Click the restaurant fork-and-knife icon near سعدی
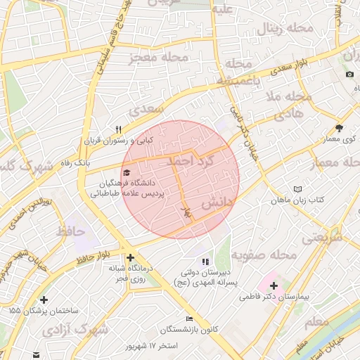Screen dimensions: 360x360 119,129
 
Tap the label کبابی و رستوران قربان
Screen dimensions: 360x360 119,141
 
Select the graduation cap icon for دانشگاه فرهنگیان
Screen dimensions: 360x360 127,172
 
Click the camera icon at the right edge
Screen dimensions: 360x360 349,75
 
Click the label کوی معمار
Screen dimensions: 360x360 339,141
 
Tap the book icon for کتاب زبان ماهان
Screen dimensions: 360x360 297,189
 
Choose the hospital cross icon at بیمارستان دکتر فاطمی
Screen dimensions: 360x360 274,286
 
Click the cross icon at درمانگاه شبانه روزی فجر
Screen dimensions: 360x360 130,257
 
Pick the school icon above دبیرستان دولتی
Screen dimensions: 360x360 205,262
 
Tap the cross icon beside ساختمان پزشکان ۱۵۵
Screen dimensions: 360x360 44,300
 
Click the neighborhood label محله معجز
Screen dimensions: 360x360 159,56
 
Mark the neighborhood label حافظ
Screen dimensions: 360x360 72,230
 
